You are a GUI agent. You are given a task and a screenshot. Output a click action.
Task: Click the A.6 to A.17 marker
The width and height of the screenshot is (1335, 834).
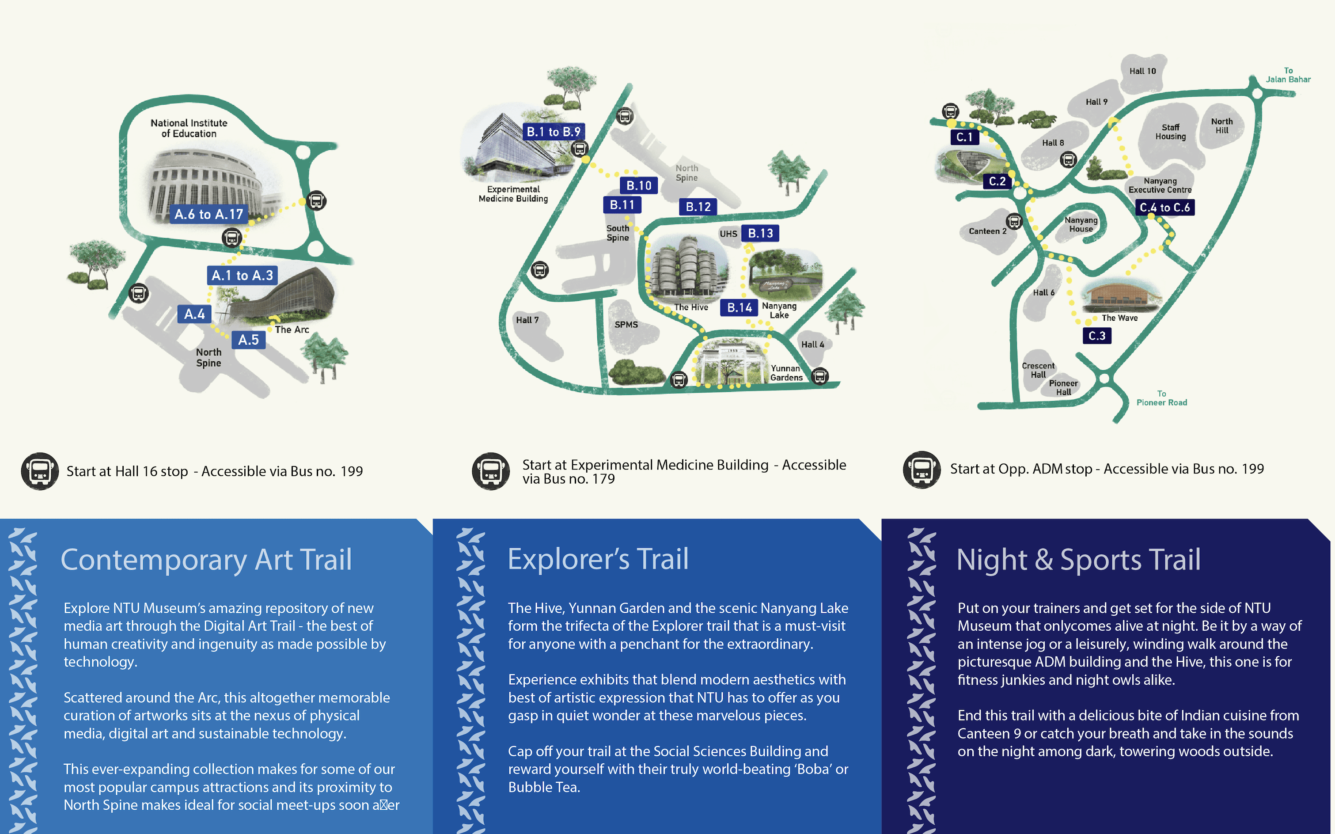coord(209,214)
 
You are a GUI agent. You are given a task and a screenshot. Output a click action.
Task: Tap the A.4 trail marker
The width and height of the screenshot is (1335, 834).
coord(194,314)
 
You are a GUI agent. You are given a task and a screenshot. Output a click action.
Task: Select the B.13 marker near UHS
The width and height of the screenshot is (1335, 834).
coord(760,233)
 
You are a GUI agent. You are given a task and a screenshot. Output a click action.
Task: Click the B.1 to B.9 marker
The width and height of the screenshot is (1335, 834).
coord(554,132)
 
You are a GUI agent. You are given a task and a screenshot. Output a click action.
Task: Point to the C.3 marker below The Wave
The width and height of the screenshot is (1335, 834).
coord(1097,335)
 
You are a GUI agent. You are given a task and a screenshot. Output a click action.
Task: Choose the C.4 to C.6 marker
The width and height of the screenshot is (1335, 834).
coord(1164,208)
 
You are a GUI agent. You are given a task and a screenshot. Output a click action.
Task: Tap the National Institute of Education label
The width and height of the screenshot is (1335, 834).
coord(189,128)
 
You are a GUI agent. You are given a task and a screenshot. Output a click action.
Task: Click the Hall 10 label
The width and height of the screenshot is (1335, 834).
coord(1142,71)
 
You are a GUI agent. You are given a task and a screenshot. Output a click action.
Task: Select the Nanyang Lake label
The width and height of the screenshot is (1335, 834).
coord(779,310)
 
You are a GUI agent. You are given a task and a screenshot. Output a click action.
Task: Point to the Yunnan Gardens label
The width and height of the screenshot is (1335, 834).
coord(786,373)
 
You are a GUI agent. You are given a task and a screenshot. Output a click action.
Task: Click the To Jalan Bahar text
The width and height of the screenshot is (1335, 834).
coord(1288,75)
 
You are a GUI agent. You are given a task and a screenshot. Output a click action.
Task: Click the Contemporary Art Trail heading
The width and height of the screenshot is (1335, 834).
coord(206,559)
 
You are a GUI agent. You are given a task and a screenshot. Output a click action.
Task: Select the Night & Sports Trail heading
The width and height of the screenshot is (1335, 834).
coord(1078,559)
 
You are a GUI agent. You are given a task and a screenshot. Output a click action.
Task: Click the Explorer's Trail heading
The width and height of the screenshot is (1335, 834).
coord(598,559)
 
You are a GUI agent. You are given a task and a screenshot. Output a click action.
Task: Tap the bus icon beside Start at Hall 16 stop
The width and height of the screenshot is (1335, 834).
coord(40,471)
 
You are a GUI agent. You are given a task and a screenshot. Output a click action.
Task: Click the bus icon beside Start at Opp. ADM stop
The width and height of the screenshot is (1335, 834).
coord(921,470)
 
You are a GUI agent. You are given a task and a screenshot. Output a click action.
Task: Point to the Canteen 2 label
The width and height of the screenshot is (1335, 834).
coord(987,231)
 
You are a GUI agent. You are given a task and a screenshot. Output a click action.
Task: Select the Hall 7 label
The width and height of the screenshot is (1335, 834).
coord(527,320)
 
